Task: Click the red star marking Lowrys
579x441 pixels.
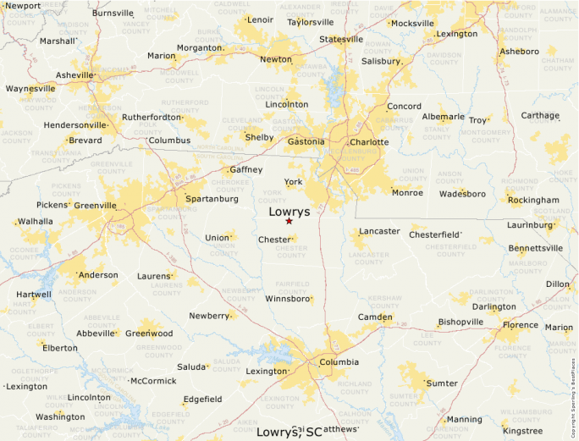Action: [289, 221]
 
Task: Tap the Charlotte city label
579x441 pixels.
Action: [369, 142]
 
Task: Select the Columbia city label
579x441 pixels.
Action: [339, 362]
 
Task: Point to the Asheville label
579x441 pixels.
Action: [74, 75]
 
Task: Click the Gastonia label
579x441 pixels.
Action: [306, 141]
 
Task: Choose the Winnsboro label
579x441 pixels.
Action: [287, 299]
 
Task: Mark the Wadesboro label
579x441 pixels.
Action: [462, 194]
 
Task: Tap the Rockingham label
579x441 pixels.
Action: [533, 200]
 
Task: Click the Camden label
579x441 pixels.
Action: [375, 317]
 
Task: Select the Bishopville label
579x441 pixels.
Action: [460, 322]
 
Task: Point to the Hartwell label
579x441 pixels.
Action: [33, 295]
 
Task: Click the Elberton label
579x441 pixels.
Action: [60, 348]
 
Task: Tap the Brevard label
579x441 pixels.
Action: [85, 140]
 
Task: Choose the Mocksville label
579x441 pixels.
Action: [412, 24]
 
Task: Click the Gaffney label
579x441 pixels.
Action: [246, 169]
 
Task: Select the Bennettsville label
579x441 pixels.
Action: [535, 248]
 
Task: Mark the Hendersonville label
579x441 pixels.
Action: [75, 125]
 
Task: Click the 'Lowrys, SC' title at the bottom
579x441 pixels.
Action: [289, 433]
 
